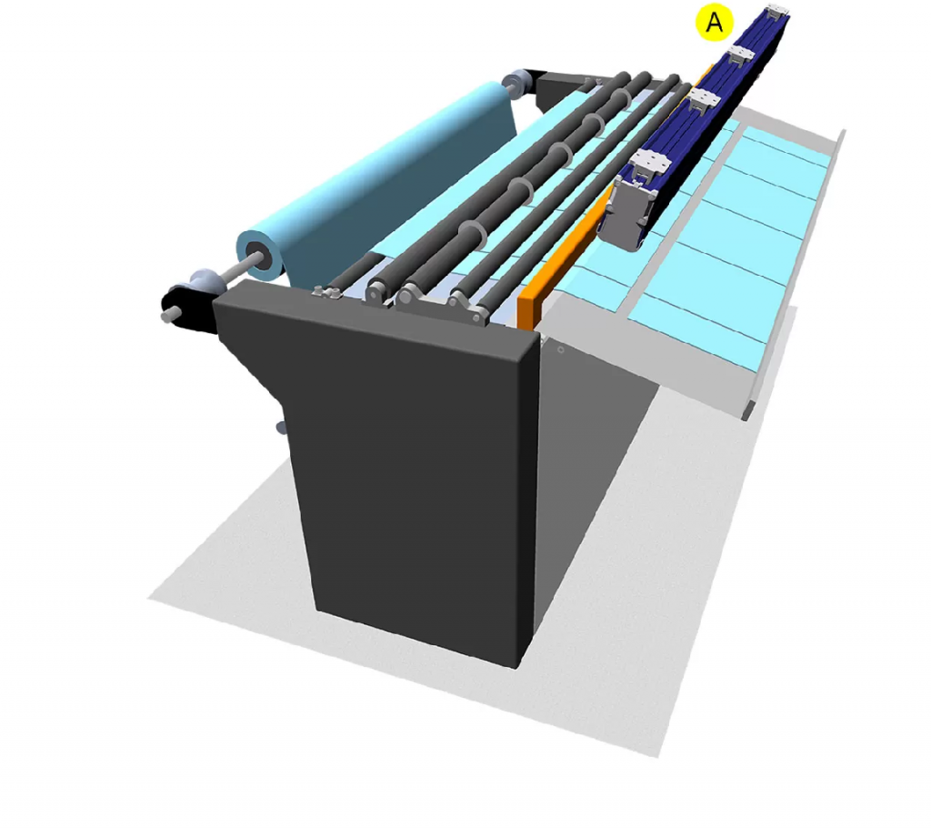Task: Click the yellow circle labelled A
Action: [715, 23]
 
